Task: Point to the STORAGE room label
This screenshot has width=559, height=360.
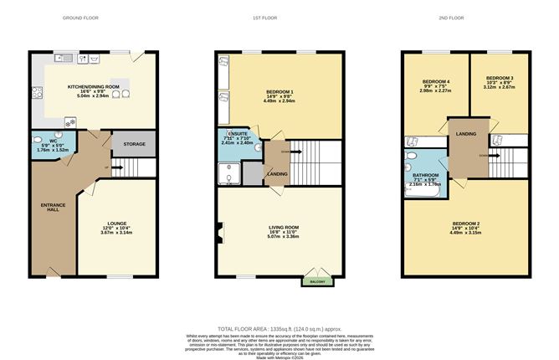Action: click(x=135, y=144)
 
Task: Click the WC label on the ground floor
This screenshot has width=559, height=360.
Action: click(x=53, y=141)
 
